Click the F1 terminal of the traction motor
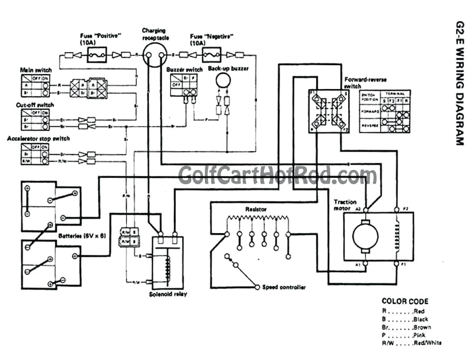(x=397, y=266)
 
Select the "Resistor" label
(x=256, y=209)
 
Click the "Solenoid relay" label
(x=167, y=294)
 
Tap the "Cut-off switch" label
(x=35, y=105)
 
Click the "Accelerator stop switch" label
(x=38, y=139)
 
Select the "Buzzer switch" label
(x=184, y=69)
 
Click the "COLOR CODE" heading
(x=404, y=302)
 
